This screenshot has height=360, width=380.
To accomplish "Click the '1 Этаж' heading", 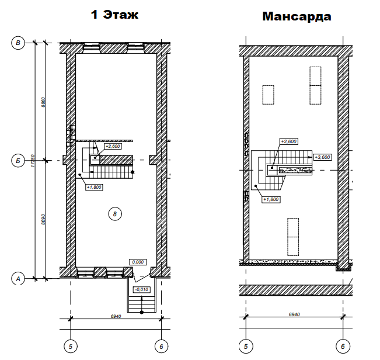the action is point(114,15).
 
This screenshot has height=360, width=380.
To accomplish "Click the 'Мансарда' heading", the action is point(297,16).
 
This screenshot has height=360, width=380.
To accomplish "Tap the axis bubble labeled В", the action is point(18,43).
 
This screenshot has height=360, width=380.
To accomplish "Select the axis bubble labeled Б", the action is point(18,161).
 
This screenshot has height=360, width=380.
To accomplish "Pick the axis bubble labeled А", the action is point(18,279).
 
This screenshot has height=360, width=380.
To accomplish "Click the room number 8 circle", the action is point(115,214).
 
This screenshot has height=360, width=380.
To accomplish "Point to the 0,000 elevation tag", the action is point(138,262).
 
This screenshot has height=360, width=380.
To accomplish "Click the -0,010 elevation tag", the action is point(141,289).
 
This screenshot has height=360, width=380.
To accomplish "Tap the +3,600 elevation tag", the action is point(322,157).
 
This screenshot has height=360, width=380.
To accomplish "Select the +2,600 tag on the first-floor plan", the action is point(113,146).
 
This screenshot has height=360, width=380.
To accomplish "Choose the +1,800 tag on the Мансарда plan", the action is point(271,199).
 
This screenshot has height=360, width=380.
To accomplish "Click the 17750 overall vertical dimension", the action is point(33,161).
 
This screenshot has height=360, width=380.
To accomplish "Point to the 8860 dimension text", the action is point(43,102).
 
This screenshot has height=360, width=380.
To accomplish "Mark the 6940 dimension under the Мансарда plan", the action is point(294,314).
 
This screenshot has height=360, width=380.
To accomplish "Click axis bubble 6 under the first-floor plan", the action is point(162,347).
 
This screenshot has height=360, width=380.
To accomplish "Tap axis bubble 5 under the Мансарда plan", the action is point(246,347).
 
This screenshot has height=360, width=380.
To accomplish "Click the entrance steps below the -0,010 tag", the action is point(142,304).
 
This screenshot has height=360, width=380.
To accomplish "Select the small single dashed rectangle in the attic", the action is point(269,95).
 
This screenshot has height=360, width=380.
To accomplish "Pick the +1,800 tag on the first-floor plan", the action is point(94,187).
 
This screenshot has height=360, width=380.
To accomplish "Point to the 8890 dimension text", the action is point(43,219).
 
